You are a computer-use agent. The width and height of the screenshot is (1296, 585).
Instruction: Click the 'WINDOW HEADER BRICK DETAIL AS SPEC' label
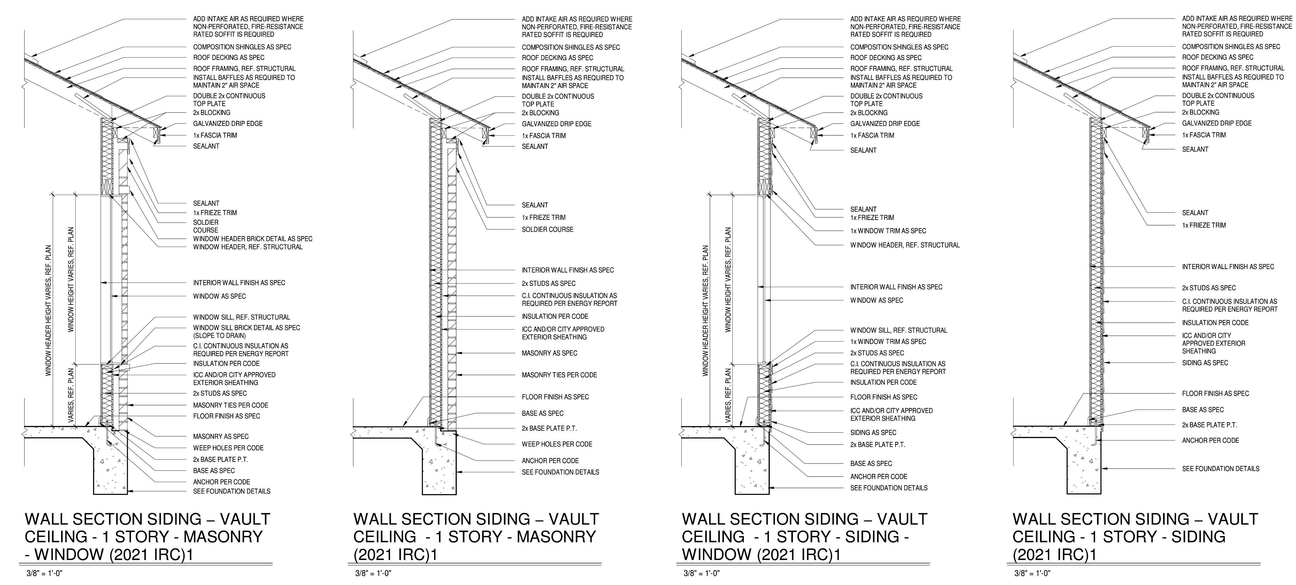pyautogui.click(x=252, y=239)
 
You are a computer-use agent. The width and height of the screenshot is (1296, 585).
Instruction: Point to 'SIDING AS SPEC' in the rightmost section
pyautogui.click(x=1205, y=362)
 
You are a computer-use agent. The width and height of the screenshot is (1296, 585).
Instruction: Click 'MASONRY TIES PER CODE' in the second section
pyautogui.click(x=559, y=375)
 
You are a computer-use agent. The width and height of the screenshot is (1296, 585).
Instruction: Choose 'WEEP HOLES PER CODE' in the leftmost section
pyautogui.click(x=228, y=448)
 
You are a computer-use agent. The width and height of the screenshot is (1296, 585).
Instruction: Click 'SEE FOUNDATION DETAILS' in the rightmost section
pyautogui.click(x=1220, y=469)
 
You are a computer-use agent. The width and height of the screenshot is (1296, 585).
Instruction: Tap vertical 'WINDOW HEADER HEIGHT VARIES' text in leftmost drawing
pyautogui.click(x=49, y=310)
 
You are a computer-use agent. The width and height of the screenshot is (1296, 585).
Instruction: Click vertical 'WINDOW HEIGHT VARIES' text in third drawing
pyautogui.click(x=728, y=280)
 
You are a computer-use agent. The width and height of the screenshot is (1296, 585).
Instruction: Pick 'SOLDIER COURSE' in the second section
pyautogui.click(x=547, y=230)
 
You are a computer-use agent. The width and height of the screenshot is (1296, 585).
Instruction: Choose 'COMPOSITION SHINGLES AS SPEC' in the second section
pyautogui.click(x=570, y=47)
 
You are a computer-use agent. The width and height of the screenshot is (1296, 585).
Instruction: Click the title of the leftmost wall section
pyautogui.click(x=147, y=537)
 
